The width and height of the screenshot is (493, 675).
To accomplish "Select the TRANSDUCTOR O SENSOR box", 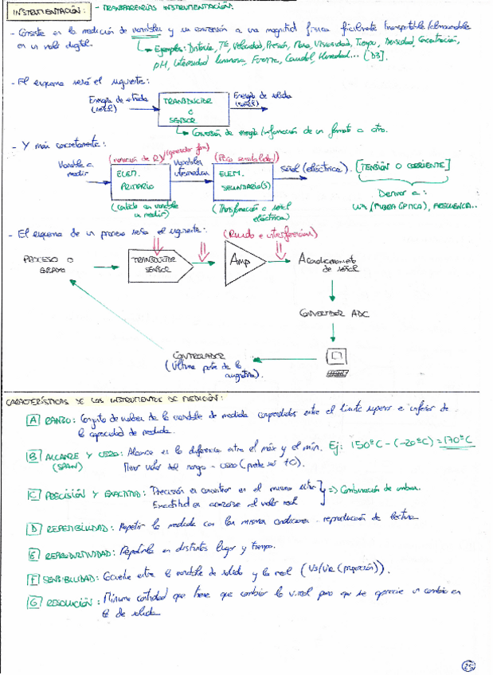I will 186,111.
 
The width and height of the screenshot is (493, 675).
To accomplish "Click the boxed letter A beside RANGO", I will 33,420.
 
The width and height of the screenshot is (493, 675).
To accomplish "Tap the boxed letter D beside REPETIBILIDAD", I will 33,528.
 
